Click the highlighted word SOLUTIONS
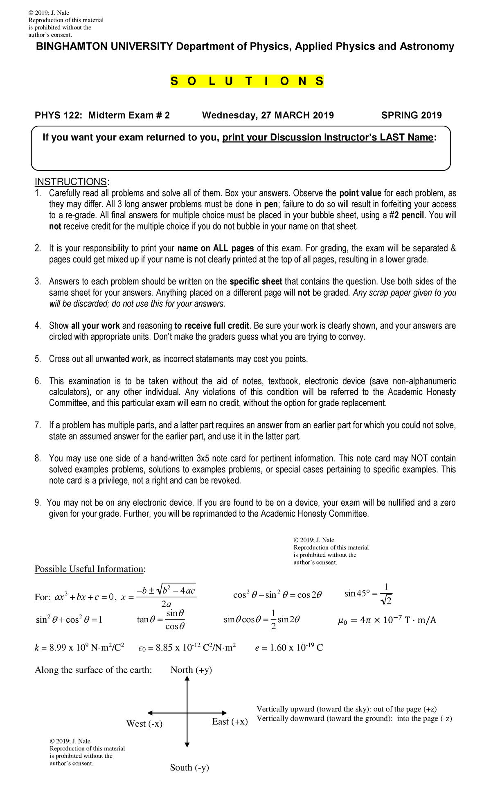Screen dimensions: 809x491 click(247, 81)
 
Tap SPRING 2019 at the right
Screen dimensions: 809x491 click(411, 115)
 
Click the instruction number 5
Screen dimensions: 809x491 click(38, 359)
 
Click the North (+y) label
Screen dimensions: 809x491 click(191, 670)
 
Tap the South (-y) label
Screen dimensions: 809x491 click(189, 768)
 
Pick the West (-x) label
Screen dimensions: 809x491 click(144, 724)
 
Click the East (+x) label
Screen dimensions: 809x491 click(230, 722)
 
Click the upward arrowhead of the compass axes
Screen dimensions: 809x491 click(187, 679)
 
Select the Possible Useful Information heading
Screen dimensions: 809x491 click(90, 569)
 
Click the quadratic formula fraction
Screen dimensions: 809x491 click(166, 597)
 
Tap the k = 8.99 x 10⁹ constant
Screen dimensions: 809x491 click(79, 648)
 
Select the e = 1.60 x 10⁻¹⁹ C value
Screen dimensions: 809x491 click(288, 648)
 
